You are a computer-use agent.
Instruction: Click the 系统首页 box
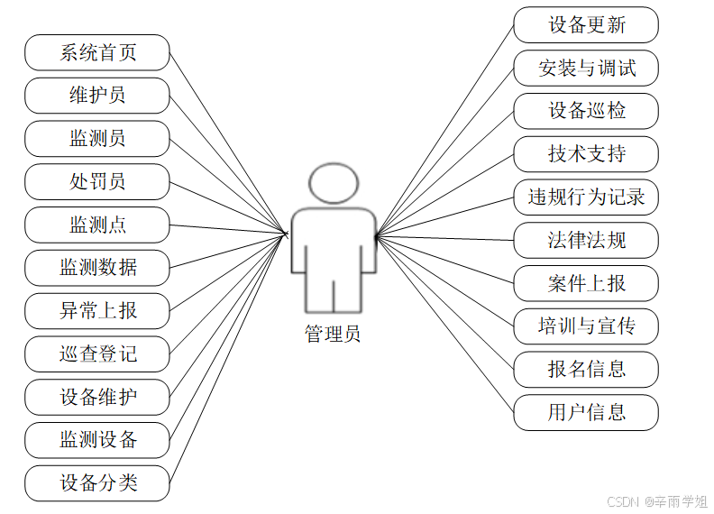click(x=97, y=52)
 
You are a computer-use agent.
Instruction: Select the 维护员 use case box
click(x=97, y=96)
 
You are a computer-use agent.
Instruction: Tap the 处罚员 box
click(x=97, y=181)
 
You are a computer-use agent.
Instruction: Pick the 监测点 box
click(x=97, y=225)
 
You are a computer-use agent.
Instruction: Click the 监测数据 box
click(x=97, y=268)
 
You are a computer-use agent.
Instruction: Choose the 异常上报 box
click(x=97, y=311)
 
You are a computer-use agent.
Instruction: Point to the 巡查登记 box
click(x=97, y=354)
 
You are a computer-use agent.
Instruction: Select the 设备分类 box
click(x=97, y=483)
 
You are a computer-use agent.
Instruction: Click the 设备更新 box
click(x=586, y=24)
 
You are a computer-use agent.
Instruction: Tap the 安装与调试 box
click(x=586, y=68)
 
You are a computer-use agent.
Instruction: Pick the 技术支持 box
click(x=586, y=154)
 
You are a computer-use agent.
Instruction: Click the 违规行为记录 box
click(x=586, y=197)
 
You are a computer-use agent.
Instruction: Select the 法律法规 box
click(x=586, y=240)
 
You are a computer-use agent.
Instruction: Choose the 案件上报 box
click(x=586, y=283)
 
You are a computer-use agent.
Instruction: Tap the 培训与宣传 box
click(x=586, y=326)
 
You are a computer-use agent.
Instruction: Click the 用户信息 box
click(x=586, y=412)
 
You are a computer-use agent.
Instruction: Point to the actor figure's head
click(x=333, y=184)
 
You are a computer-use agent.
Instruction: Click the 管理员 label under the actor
click(x=333, y=335)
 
